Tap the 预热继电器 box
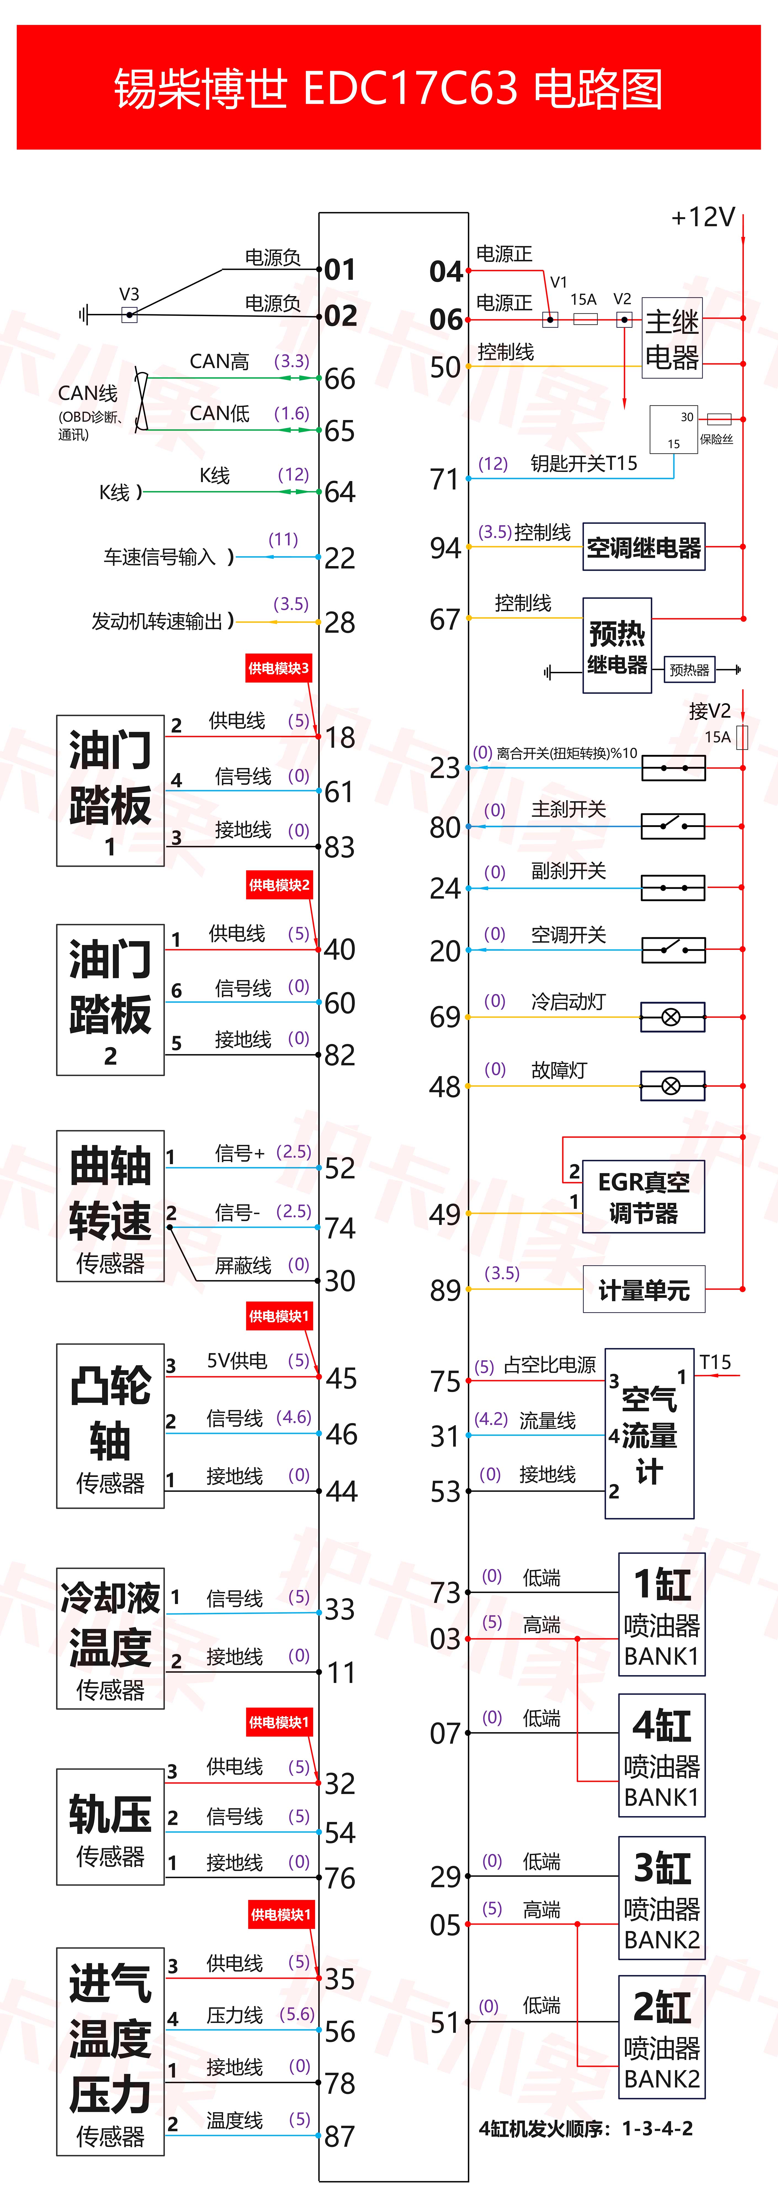click(x=617, y=646)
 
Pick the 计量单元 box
click(x=643, y=1289)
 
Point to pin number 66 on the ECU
click(x=340, y=379)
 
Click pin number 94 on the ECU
click(x=445, y=548)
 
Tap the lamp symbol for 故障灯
click(x=672, y=1086)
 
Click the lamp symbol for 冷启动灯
click(x=672, y=1017)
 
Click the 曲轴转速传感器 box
click(x=110, y=1206)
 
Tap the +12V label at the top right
click(x=702, y=217)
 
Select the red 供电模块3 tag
click(x=278, y=668)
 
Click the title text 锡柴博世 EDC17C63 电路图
click(x=389, y=88)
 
